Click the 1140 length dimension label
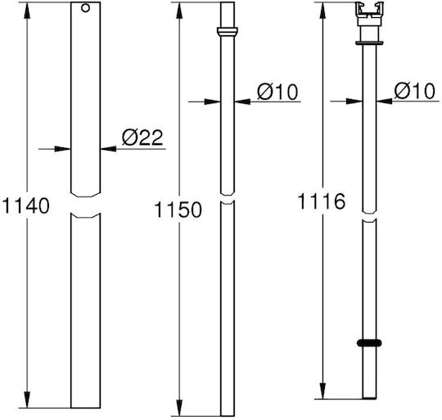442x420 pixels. pyautogui.click(x=26, y=205)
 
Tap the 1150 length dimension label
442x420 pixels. pyautogui.click(x=178, y=210)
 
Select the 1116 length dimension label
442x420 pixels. pyautogui.click(x=322, y=201)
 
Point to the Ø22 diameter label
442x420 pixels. pyautogui.click(x=142, y=138)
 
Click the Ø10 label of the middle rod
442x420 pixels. pyautogui.click(x=277, y=92)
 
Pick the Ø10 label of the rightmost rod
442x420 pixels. pyautogui.click(x=414, y=91)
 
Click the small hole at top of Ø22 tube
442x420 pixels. pyautogui.click(x=85, y=8)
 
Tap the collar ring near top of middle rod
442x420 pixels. pyautogui.click(x=228, y=31)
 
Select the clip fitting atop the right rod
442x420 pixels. pyautogui.click(x=369, y=14)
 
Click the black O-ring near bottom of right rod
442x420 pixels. pyautogui.click(x=369, y=343)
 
